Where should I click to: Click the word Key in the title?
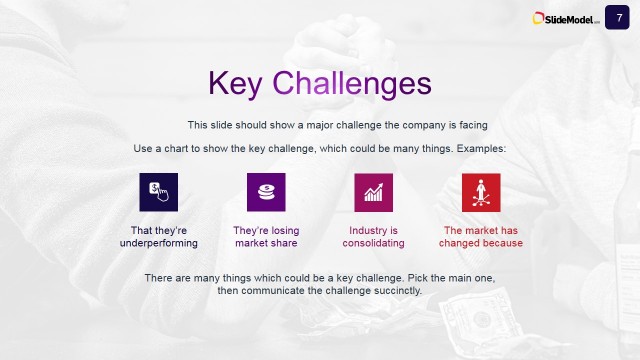(236, 84)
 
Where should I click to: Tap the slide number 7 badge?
(619, 16)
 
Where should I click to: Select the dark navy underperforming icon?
(158, 191)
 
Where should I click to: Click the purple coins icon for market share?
(266, 191)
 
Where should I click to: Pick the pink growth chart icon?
(373, 191)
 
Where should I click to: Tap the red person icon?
(481, 191)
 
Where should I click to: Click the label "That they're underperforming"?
(158, 236)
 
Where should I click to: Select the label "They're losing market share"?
(266, 236)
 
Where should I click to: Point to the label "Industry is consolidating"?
(373, 236)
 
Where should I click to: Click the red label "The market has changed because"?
(481, 236)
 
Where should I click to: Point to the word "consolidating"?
(373, 243)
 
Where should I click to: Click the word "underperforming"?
(158, 243)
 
